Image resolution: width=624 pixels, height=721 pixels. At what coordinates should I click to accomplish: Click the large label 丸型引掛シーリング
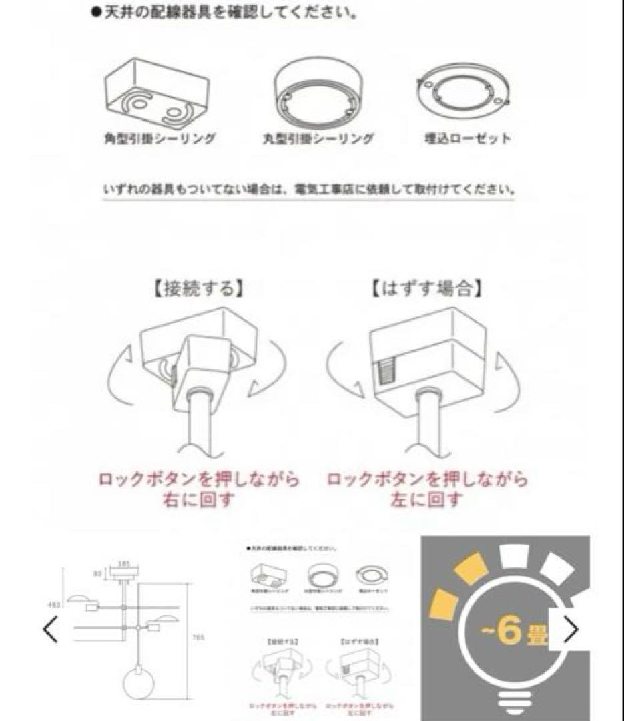(x=316, y=139)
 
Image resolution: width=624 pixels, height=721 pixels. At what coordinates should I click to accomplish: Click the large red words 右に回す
(x=199, y=499)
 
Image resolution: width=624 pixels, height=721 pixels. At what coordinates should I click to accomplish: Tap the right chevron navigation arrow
(x=571, y=630)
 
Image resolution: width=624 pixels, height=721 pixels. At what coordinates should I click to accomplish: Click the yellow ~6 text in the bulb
(x=508, y=632)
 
